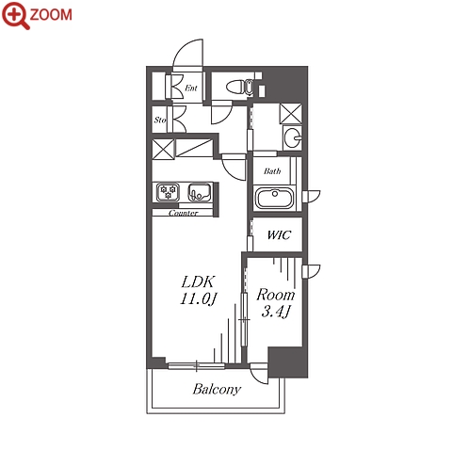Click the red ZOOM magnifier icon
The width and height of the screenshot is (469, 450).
tap(16, 15)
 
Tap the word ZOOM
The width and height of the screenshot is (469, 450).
tap(51, 15)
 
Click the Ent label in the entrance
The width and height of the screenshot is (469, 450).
tap(191, 88)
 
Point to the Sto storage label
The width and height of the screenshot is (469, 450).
tap(160, 120)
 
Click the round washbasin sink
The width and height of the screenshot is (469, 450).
tap(293, 137)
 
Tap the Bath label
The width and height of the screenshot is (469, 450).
tap(272, 171)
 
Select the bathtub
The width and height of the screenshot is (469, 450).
tap(275, 198)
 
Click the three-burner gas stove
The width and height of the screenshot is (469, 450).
tap(169, 192)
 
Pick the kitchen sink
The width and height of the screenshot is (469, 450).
tap(200, 193)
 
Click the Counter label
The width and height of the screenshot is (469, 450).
tap(184, 214)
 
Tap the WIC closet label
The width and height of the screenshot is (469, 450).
tap(279, 234)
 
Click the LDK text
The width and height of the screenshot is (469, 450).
tap(198, 281)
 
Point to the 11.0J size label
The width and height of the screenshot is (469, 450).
tap(199, 298)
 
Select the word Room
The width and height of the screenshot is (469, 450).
tap(276, 295)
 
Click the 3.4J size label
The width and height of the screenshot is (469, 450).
tap(275, 312)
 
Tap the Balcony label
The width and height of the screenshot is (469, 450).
tap(217, 390)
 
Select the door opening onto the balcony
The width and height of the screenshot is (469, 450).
tap(259, 374)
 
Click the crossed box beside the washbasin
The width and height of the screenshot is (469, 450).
tap(291, 114)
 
